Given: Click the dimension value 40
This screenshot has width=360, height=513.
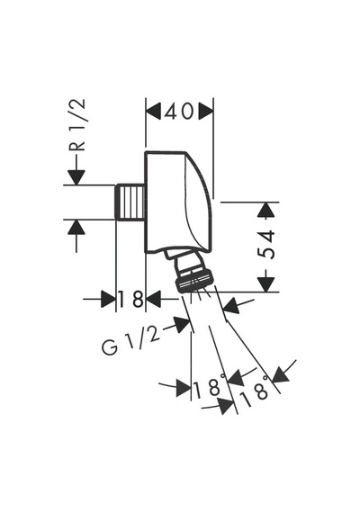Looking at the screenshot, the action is (x=179, y=112).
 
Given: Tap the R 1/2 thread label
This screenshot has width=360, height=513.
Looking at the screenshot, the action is (x=77, y=125).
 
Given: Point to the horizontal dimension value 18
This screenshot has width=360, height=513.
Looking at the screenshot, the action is (x=130, y=299).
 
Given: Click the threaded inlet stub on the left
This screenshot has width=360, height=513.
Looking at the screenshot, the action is (x=130, y=202).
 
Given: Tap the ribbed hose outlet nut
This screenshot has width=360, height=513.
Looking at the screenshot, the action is (x=192, y=282).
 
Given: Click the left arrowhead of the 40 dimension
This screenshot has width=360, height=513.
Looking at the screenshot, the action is (x=153, y=112).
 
